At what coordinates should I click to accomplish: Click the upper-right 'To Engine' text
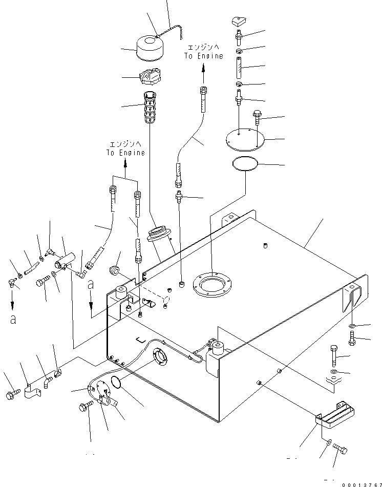pos(204,52)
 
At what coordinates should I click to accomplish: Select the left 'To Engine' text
pos(125,149)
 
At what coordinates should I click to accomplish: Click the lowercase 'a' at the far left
pos(13,320)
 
